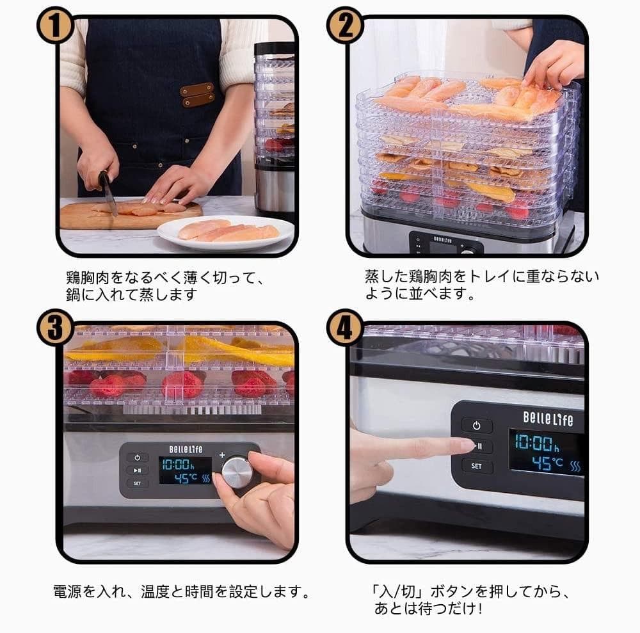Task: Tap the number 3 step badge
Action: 56,328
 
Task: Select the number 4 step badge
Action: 346,328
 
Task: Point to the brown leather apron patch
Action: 197,94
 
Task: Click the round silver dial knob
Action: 237,472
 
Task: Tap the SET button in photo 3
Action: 137,483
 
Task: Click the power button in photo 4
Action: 477,425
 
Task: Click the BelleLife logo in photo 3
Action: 186,449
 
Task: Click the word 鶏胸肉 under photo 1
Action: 86,278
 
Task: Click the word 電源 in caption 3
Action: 67,591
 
